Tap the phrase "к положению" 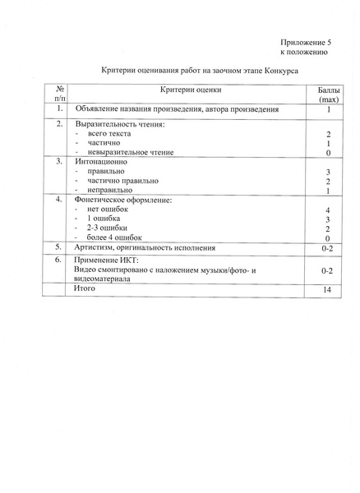305,51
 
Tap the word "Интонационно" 103,162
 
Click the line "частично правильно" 122,181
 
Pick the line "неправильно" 109,191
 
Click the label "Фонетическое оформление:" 123,200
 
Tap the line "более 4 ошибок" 120,238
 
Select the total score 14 327,289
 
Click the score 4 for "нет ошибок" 327,211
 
